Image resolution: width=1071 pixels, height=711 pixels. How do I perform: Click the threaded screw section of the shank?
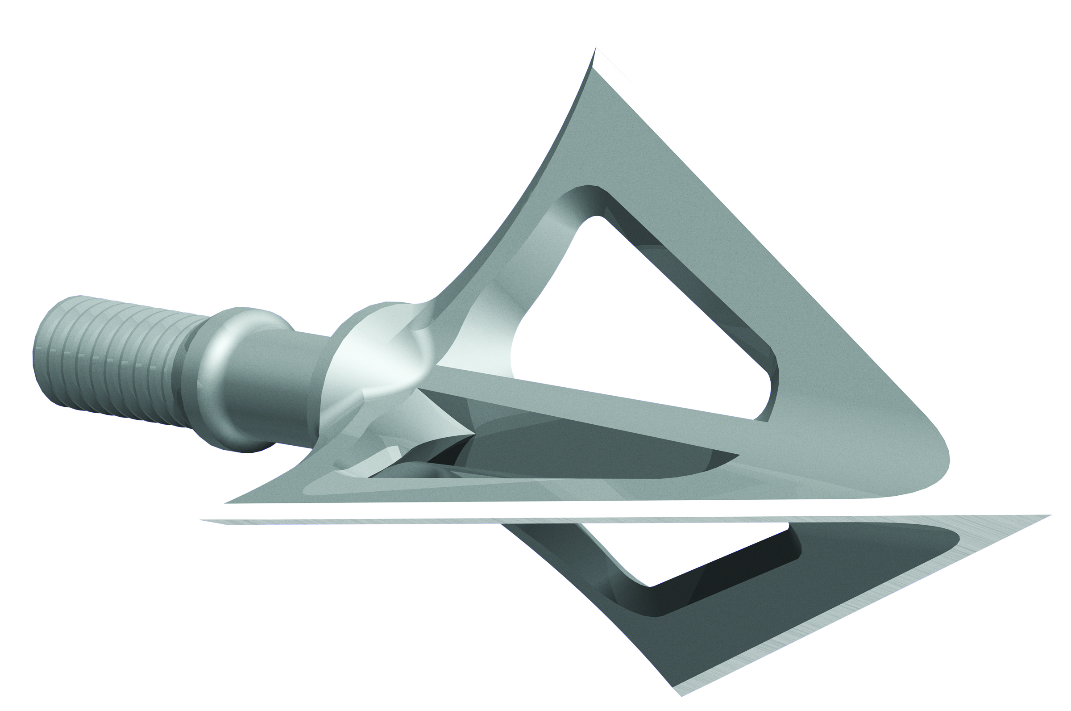[x=113, y=358]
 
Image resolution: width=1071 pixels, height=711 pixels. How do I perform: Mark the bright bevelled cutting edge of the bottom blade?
[x=861, y=612]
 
